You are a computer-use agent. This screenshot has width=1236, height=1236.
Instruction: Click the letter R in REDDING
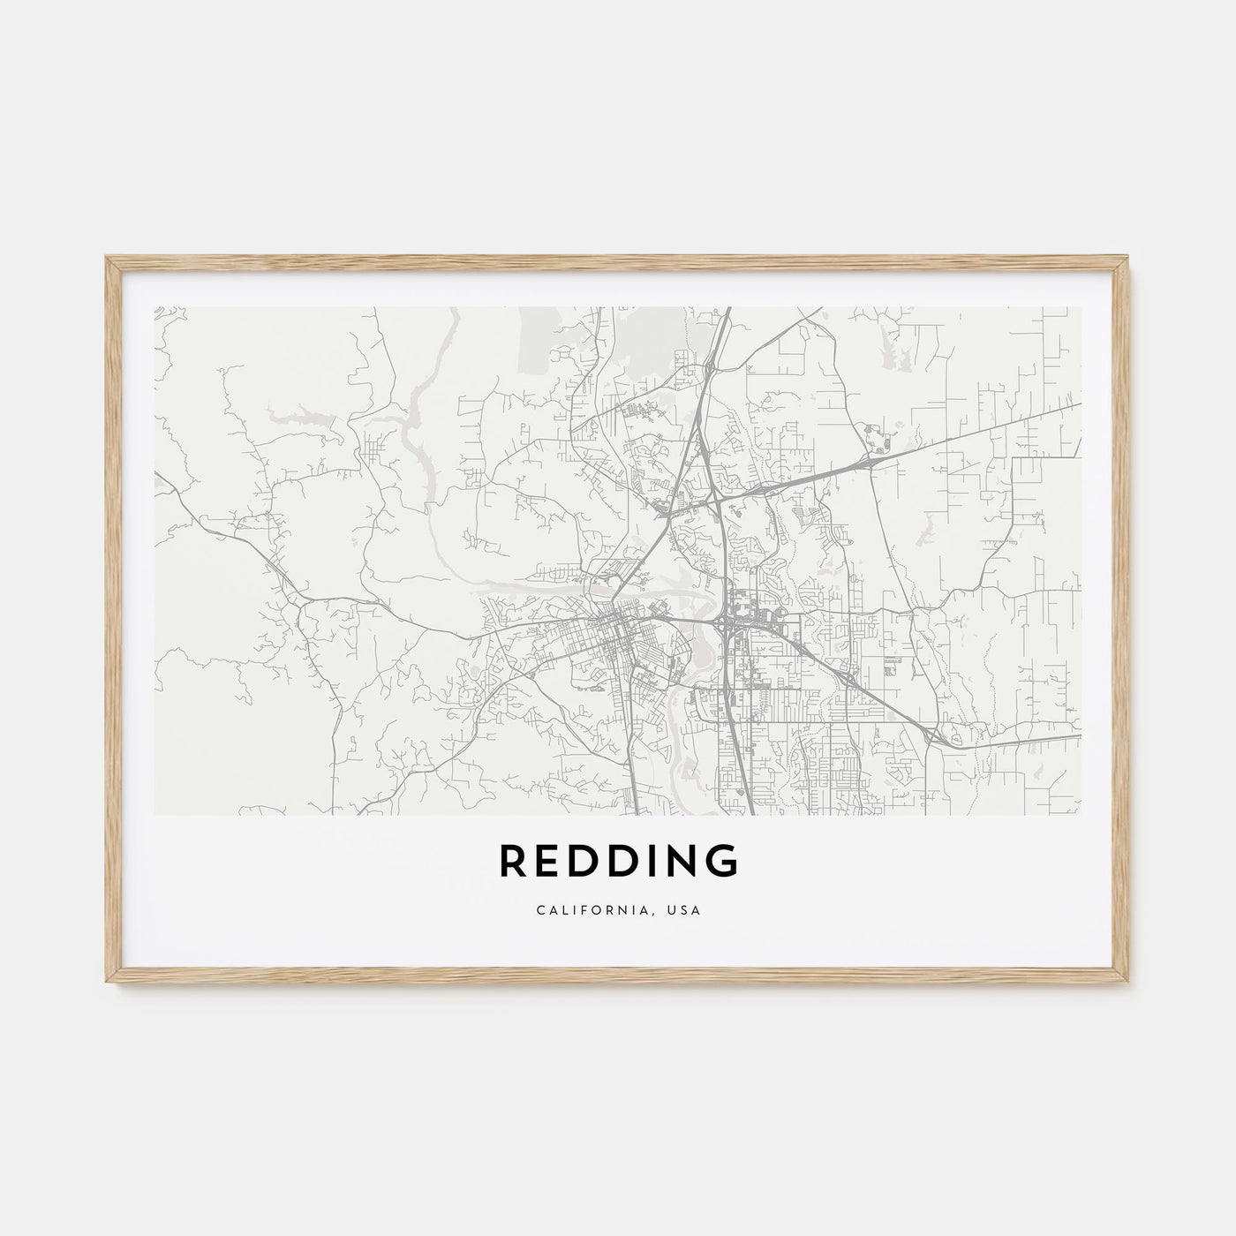[x=514, y=862]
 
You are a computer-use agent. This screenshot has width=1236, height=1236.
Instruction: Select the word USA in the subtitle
[x=685, y=910]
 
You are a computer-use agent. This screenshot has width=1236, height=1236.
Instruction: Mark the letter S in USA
[x=685, y=910]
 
